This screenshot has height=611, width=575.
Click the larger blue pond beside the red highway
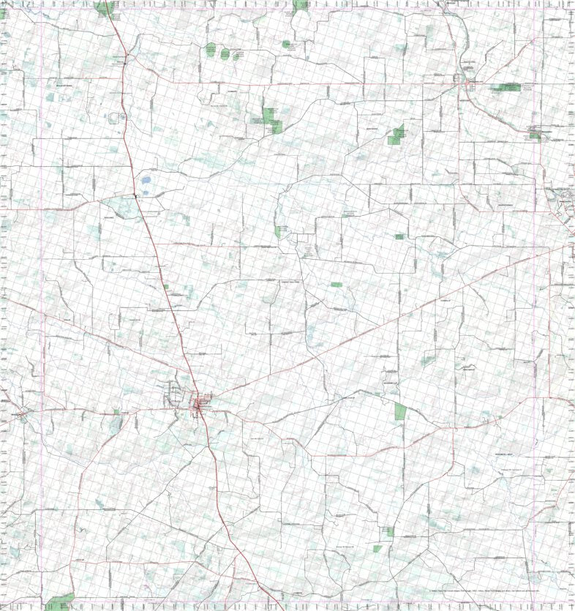146,180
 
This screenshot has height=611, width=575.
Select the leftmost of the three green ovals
211,52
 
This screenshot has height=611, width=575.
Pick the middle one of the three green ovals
224,53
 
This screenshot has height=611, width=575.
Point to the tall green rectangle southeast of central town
399,411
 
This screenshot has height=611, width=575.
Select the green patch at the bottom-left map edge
59,602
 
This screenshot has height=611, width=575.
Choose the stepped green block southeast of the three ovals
271,119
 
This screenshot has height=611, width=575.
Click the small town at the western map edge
22,414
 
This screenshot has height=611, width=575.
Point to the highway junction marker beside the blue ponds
136,195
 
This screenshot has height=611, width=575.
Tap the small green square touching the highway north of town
165,287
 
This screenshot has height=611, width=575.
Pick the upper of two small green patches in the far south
390,531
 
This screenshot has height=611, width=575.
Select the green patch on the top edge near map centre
300,5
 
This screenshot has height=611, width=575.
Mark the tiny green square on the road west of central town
116,412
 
